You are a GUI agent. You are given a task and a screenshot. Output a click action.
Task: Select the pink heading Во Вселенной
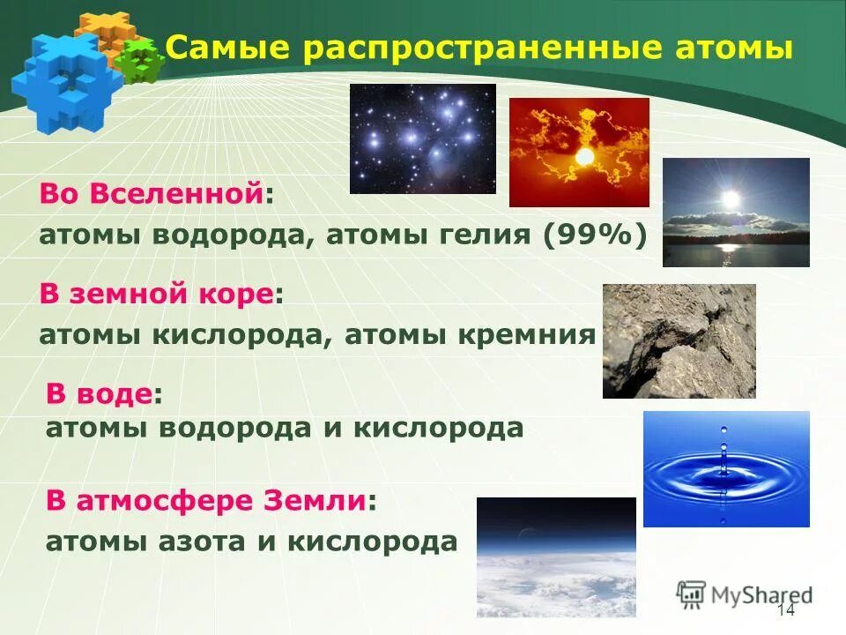pyautogui.click(x=151, y=195)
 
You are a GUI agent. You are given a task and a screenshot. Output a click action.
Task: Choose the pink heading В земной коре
pyautogui.click(x=155, y=295)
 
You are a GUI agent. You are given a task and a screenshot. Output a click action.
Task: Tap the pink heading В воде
pyautogui.click(x=99, y=394)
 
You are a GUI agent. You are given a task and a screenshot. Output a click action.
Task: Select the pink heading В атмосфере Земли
pyautogui.click(x=205, y=501)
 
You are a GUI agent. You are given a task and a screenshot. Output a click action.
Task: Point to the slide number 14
pyautogui.click(x=786, y=612)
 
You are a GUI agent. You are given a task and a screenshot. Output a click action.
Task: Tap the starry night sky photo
pyautogui.click(x=422, y=138)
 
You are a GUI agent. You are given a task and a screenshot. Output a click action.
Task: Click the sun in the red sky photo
pyautogui.click(x=584, y=157)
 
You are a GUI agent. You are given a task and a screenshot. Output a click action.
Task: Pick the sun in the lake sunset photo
pyautogui.click(x=730, y=199)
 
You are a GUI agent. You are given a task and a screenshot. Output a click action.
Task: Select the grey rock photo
pyautogui.click(x=679, y=340)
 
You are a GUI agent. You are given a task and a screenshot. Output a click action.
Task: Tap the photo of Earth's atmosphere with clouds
pyautogui.click(x=556, y=557)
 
